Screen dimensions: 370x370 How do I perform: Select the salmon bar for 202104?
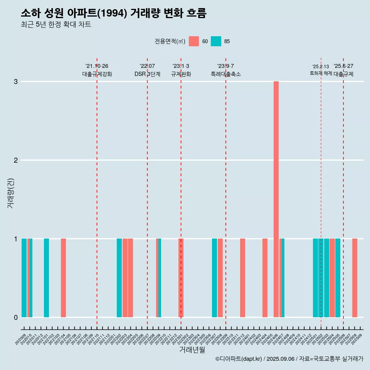(x=63, y=278)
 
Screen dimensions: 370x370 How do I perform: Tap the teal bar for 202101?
(x=46, y=278)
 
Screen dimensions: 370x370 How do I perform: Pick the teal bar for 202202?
(x=119, y=278)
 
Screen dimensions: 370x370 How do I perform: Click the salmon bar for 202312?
(x=242, y=278)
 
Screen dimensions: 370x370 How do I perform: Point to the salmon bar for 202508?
(x=355, y=278)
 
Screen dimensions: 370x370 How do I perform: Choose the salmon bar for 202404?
(x=265, y=278)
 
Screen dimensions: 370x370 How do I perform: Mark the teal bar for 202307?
(x=214, y=278)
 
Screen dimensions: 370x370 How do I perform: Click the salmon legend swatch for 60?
(x=194, y=41)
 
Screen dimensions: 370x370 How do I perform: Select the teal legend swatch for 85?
(x=216, y=41)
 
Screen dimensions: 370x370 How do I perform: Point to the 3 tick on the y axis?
(x=16, y=82)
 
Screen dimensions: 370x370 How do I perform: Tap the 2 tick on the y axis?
(x=16, y=160)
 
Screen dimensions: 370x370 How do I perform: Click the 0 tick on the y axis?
(x=16, y=317)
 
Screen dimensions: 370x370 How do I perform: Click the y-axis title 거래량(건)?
(x=10, y=193)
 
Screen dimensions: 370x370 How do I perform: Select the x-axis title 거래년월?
(x=192, y=350)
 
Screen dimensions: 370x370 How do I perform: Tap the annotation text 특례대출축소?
(x=225, y=74)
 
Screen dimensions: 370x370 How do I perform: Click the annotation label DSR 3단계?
(x=147, y=74)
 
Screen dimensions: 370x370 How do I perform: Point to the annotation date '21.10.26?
(x=97, y=66)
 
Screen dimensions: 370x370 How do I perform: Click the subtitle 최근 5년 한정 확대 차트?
(x=56, y=25)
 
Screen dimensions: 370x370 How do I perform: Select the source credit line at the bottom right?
(x=289, y=359)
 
